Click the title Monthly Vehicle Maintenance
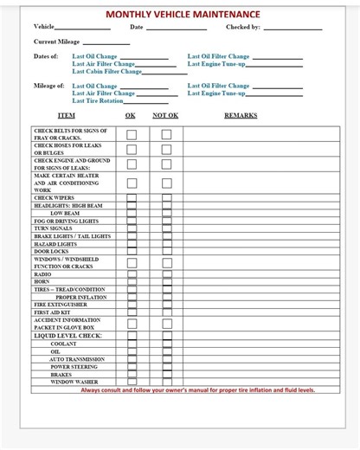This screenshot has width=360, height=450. [x=182, y=15]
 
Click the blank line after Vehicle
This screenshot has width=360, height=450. [x=82, y=29]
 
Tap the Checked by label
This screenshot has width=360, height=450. [x=243, y=27]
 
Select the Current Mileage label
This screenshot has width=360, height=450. [x=56, y=42]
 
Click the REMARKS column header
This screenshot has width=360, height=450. [x=241, y=115]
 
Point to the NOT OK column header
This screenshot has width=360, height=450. [x=165, y=115]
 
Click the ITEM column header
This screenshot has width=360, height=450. [x=66, y=115]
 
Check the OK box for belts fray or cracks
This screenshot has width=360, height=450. [x=131, y=134]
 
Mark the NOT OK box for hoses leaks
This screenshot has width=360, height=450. [x=166, y=150]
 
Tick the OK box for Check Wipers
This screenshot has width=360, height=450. [x=131, y=197]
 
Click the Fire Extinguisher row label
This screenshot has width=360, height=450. [x=61, y=305]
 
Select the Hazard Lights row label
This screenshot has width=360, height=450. [x=55, y=244]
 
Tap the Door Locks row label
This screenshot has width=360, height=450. [x=51, y=251]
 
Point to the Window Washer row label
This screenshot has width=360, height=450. [x=74, y=382]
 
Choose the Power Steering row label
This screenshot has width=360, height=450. [x=74, y=366]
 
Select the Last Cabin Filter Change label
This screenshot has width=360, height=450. [x=106, y=71]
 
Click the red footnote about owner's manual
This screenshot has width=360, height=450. [x=198, y=390]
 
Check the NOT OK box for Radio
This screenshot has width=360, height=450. [x=166, y=274]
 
